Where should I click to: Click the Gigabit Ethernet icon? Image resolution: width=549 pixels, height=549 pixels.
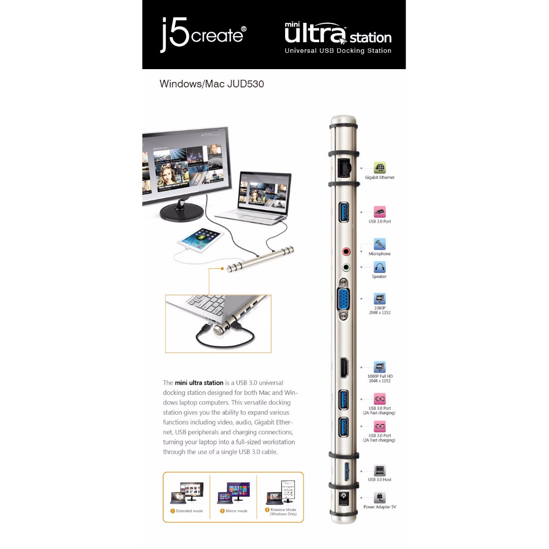380,168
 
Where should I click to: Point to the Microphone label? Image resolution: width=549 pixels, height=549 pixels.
380,254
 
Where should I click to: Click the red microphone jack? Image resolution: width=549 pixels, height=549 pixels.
346,251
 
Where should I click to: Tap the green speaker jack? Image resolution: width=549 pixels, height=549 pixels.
346,266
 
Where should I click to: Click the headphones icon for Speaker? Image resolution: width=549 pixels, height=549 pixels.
379,267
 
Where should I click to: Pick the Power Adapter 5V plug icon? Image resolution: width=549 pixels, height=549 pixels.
379,498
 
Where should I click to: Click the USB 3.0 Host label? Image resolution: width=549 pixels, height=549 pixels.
380,479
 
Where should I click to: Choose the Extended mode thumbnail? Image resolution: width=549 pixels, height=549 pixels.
186,493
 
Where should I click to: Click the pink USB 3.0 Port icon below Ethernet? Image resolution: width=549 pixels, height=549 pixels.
380,212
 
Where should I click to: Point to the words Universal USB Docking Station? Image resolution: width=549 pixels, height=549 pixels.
338,51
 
